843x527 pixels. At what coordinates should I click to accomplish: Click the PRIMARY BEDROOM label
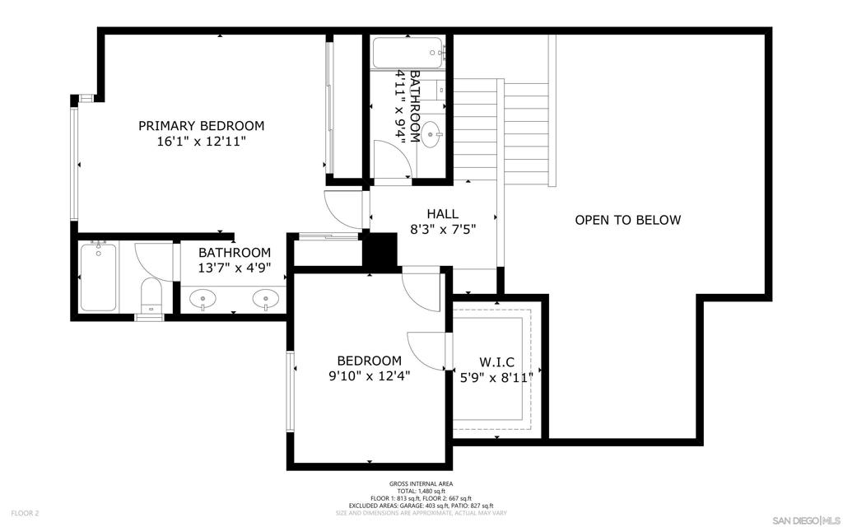click(x=202, y=126)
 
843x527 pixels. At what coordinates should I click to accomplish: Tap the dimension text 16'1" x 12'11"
click(x=201, y=142)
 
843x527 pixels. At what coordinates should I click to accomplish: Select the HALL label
click(x=442, y=214)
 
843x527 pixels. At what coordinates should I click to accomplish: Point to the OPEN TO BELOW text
click(x=628, y=220)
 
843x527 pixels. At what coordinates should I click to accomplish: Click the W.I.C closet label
click(x=496, y=362)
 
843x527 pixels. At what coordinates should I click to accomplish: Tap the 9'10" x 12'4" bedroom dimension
click(x=370, y=375)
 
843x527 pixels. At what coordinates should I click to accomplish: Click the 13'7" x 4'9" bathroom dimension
click(x=235, y=268)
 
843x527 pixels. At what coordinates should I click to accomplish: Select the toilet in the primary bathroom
click(x=151, y=296)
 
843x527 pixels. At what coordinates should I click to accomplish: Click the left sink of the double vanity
click(x=203, y=297)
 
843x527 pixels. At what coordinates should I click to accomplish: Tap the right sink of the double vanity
click(x=266, y=297)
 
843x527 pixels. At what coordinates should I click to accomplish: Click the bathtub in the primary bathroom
click(x=99, y=277)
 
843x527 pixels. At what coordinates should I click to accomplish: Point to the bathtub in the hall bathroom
click(x=408, y=53)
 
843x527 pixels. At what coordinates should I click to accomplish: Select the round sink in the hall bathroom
click(x=431, y=134)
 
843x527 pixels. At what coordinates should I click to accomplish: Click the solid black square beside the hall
click(x=380, y=250)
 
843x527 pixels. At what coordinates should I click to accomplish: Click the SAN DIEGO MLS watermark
click(x=805, y=520)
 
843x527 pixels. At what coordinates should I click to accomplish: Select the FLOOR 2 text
click(x=26, y=514)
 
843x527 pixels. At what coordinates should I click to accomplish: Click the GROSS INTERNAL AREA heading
click(x=421, y=484)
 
